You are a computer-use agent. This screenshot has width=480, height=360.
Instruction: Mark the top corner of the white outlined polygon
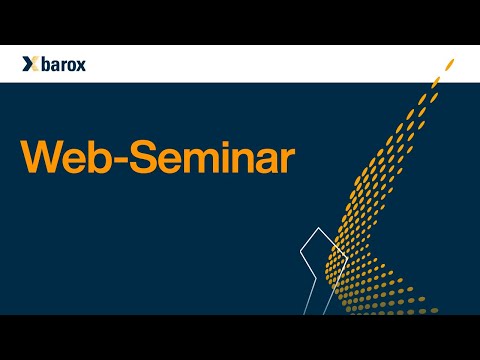pos(318,230)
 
